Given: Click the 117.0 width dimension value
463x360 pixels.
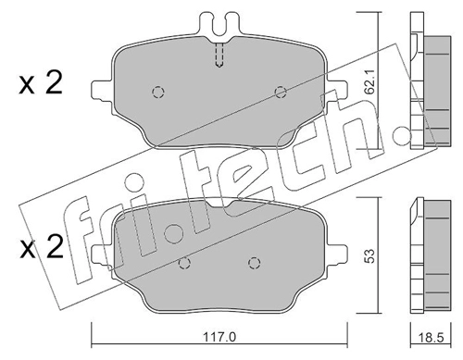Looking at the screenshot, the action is coord(219,337).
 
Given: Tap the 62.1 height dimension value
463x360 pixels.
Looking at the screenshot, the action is coord(369,81).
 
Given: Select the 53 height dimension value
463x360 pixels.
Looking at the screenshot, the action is coord(369,255).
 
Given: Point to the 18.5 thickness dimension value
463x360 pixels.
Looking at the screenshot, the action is coord(432,338).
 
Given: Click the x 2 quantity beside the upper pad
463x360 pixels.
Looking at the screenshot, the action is coord(41,82).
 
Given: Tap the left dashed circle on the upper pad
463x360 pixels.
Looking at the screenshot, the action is coord(158,92).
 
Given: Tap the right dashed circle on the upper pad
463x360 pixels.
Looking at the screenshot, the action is coord(281,92).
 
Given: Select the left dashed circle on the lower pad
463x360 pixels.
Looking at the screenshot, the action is coord(184,263).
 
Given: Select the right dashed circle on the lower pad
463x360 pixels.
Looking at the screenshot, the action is coord(254,263).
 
